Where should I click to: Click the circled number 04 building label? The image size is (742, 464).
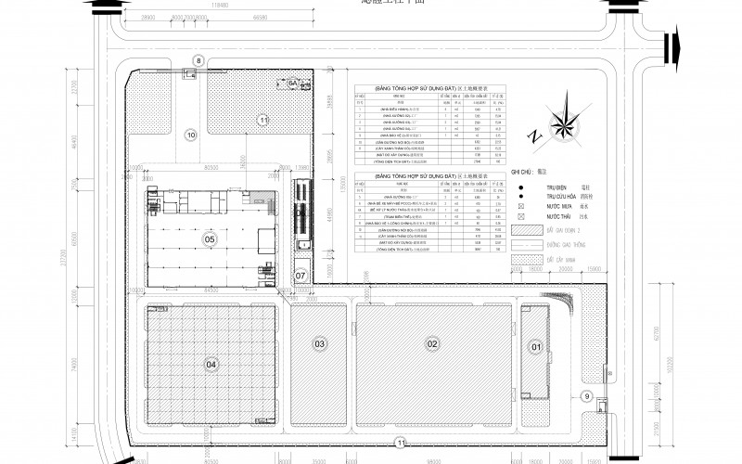click(x=211, y=365)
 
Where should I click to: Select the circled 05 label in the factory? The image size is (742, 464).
click(x=210, y=239)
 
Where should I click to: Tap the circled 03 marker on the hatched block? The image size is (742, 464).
click(x=320, y=344)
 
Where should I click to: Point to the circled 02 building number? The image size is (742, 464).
click(x=432, y=344)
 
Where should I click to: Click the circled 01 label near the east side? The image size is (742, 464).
click(x=535, y=347)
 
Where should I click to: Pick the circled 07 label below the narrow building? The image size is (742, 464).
click(x=301, y=276)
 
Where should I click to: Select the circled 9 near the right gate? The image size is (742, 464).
click(x=586, y=396)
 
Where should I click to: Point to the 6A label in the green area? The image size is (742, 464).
click(x=292, y=84)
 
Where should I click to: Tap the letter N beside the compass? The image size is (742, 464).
click(x=535, y=136)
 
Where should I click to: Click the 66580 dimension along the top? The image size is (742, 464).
click(x=259, y=18)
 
